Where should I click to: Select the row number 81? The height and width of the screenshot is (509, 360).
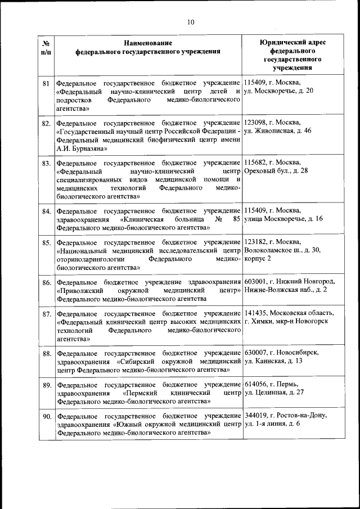[47, 83]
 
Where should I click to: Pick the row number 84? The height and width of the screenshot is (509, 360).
[47, 211]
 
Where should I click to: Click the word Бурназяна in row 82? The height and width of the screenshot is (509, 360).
[84, 149]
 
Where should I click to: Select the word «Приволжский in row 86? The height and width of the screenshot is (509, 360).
[79, 290]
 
